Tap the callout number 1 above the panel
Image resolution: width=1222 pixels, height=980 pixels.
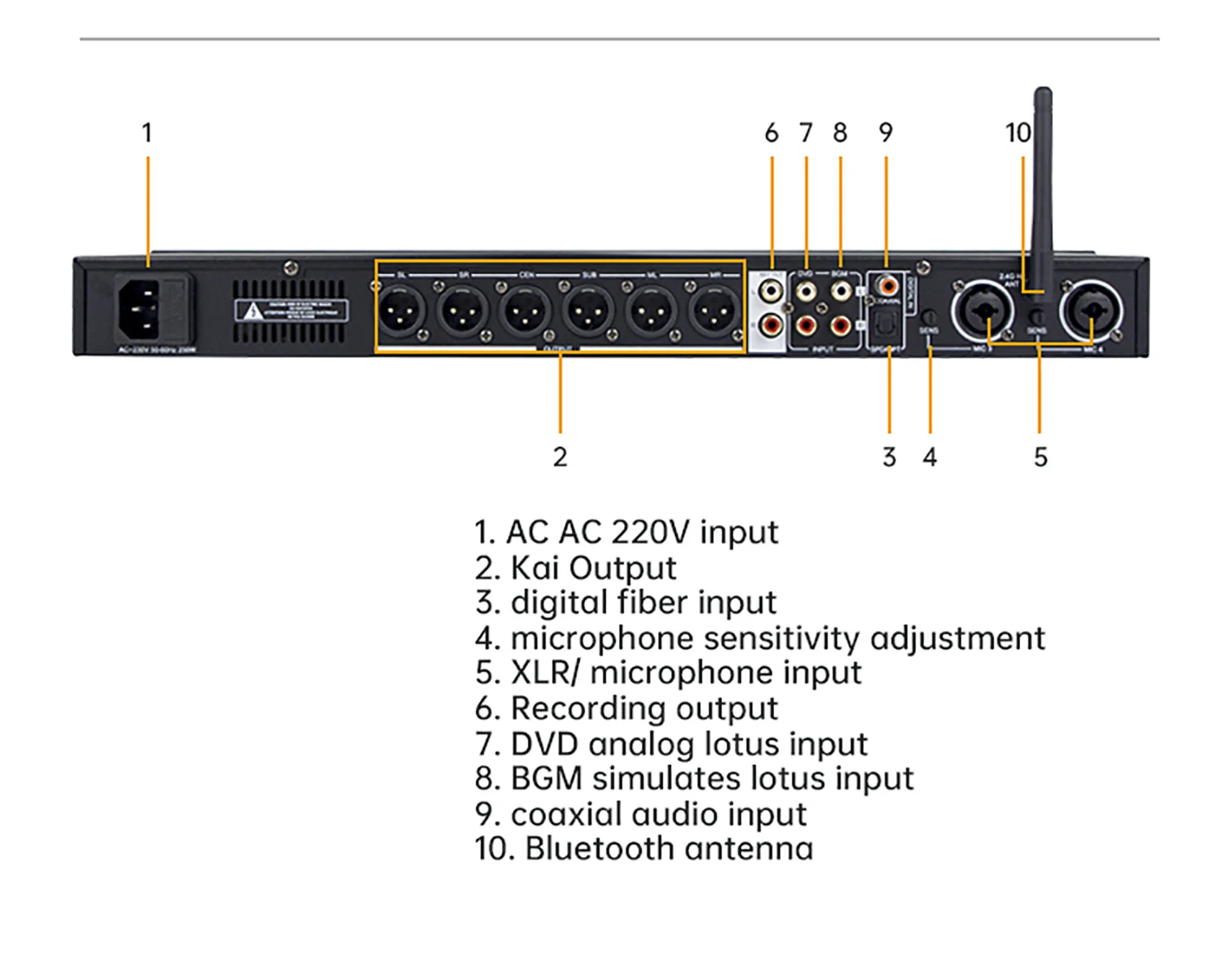coord(147,133)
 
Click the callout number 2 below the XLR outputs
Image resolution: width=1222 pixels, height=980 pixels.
coord(560,457)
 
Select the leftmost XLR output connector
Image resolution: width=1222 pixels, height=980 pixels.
coord(402,311)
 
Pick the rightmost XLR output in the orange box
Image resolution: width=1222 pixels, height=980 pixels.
coord(714,311)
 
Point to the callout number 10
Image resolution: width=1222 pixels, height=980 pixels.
coord(1018,133)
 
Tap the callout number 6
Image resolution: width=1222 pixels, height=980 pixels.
coord(771,133)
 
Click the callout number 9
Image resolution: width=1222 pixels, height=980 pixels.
coord(886,133)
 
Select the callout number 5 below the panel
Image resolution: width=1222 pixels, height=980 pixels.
coord(1040,457)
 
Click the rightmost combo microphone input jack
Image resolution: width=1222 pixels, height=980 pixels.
coord(1090,311)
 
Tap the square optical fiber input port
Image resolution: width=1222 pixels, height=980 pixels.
coord(883,329)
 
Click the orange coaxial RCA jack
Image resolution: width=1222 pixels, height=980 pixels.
coord(887,286)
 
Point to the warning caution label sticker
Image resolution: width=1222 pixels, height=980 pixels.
coord(291,311)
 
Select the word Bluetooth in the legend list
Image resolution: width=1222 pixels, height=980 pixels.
coord(599,849)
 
